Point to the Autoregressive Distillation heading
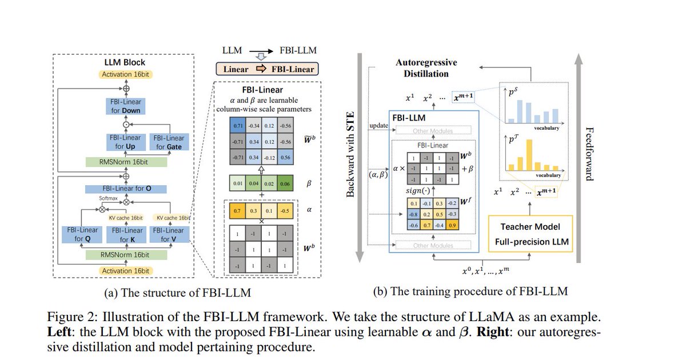coord(426,68)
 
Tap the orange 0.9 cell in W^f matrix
coord(452,225)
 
